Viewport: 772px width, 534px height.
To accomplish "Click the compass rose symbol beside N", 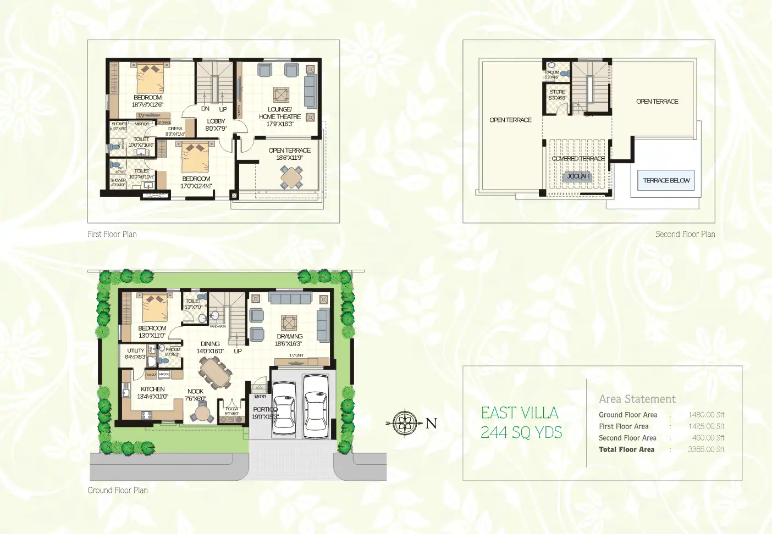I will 405,423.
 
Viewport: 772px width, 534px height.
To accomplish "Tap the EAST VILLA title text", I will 519,413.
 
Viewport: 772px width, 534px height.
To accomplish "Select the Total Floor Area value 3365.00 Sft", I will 706,449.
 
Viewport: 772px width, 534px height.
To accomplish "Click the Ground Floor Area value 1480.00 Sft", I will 706,415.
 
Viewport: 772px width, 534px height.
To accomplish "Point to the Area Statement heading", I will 637,399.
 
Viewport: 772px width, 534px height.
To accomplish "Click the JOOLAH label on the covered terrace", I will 577,176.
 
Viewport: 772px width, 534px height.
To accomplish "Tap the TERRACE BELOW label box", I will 666,180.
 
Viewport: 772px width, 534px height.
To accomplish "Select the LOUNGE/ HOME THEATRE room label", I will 280,113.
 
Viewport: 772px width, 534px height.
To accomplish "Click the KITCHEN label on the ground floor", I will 152,389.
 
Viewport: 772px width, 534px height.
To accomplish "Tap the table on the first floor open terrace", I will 291,177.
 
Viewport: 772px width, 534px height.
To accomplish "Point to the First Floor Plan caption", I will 112,234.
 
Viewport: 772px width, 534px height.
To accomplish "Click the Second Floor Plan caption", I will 685,234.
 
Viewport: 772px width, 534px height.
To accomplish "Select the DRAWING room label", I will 289,336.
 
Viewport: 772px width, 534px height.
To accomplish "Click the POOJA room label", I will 231,409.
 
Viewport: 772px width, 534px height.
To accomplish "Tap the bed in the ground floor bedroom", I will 155,308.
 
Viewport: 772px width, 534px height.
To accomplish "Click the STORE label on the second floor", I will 557,92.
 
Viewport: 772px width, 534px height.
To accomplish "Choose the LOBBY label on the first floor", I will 216,121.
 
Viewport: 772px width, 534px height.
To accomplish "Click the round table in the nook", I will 203,412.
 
